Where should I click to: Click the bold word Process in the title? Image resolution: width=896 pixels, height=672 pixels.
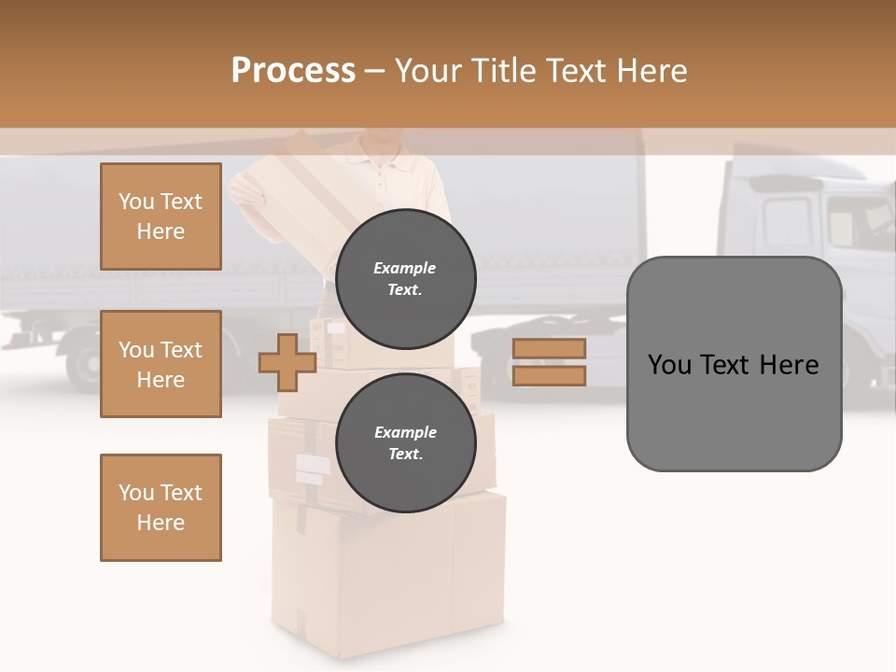pyautogui.click(x=293, y=71)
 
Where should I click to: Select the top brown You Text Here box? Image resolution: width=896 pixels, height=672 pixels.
pyautogui.click(x=161, y=217)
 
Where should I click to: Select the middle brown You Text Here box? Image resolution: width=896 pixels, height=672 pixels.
pyautogui.click(x=161, y=364)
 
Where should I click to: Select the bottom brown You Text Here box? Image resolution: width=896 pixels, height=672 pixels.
pyautogui.click(x=161, y=508)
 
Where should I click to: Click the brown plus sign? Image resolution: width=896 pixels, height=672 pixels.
pyautogui.click(x=287, y=362)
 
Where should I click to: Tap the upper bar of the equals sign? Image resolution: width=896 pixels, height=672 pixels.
pyautogui.click(x=550, y=348)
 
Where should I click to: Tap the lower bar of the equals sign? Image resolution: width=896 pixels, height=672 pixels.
pyautogui.click(x=550, y=375)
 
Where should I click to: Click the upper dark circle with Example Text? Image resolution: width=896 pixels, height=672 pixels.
pyautogui.click(x=405, y=278)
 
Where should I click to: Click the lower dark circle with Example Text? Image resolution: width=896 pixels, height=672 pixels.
pyautogui.click(x=405, y=442)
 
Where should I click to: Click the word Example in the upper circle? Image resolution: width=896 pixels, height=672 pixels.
pyautogui.click(x=405, y=268)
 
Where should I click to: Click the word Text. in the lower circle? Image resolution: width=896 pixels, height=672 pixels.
pyautogui.click(x=405, y=454)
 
